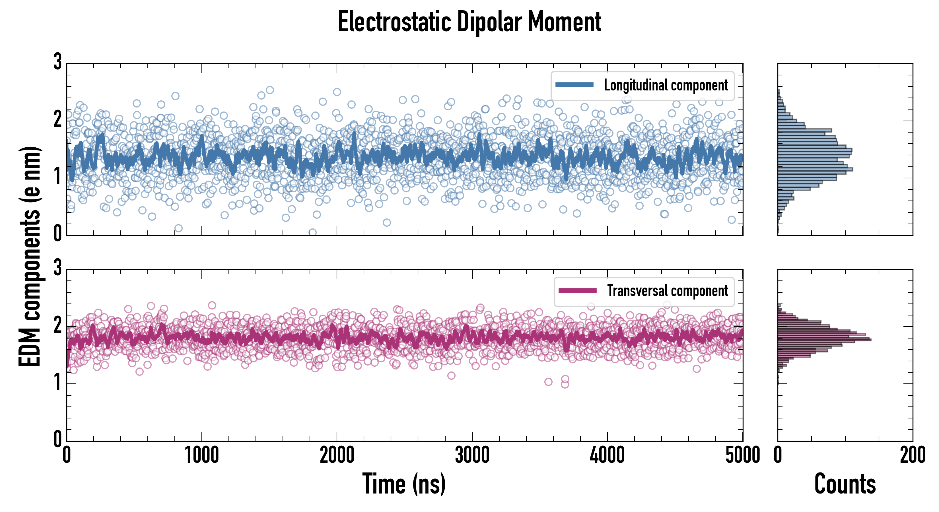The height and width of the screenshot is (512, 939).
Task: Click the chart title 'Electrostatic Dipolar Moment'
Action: [x=469, y=22]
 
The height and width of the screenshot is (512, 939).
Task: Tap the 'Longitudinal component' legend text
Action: [x=666, y=85]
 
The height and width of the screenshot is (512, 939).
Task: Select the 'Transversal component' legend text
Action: [x=667, y=291]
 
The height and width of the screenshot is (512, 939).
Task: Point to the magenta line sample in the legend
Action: [x=577, y=291]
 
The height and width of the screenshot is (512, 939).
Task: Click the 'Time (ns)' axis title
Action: [x=404, y=484]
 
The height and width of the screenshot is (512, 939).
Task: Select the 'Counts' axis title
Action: [x=845, y=484]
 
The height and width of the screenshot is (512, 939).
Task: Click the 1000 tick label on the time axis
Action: [x=201, y=455]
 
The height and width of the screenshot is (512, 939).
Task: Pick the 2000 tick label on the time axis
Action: [x=337, y=455]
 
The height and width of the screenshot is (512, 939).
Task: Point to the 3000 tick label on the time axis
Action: [x=472, y=455]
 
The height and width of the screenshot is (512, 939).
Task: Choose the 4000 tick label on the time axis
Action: [x=607, y=455]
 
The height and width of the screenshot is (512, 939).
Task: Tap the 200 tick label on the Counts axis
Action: [x=912, y=455]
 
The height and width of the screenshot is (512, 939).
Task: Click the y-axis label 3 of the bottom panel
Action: [x=57, y=268]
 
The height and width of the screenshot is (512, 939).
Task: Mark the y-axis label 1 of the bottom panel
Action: [x=57, y=383]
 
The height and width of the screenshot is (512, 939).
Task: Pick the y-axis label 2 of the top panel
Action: [x=57, y=119]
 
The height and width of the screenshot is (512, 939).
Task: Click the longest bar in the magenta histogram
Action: [x=824, y=340]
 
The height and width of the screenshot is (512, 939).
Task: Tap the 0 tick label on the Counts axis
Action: [x=778, y=455]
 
